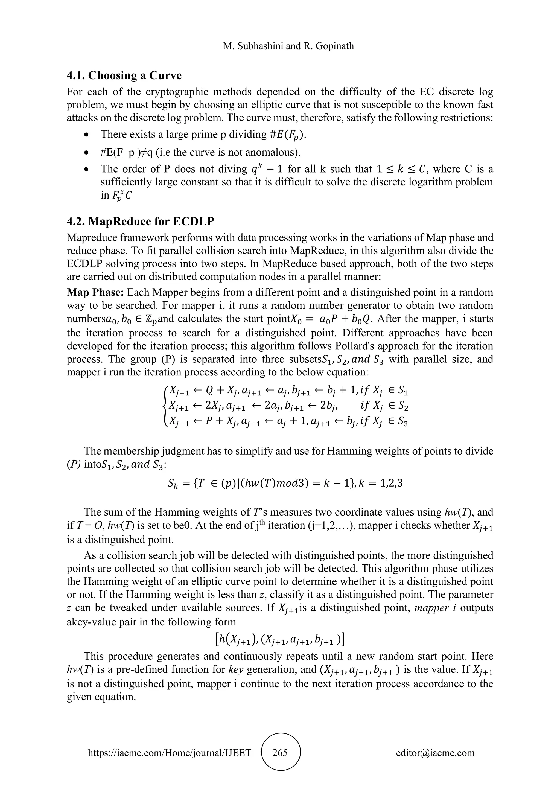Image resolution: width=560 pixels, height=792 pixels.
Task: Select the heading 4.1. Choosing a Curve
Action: pyautogui.click(x=124, y=75)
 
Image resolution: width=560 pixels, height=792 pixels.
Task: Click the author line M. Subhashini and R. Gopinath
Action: pyautogui.click(x=288, y=46)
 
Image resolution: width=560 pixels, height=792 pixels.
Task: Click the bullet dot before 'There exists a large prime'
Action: pyautogui.click(x=87, y=135)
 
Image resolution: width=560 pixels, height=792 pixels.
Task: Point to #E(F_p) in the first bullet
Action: pyautogui.click(x=287, y=135)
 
